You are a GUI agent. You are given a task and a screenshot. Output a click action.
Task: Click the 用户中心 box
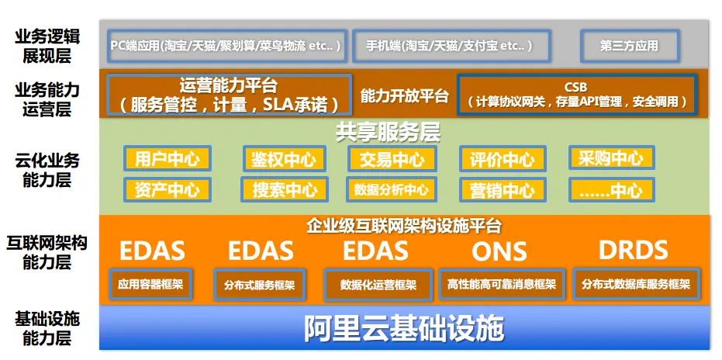pos(168,158)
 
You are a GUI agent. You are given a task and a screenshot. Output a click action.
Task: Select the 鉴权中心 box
pos(284,158)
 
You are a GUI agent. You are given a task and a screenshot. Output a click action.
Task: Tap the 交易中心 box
pos(392,158)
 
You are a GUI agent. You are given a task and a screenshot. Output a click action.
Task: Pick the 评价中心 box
pos(502,158)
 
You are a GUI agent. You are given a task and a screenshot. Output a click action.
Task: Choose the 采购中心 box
pos(611,157)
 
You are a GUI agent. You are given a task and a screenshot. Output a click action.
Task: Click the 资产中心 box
pos(168,189)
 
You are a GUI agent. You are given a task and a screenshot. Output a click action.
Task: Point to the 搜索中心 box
pos(284,189)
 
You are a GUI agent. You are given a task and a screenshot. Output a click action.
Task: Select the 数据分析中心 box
pos(392,189)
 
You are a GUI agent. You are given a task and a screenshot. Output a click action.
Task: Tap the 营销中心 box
pos(502,189)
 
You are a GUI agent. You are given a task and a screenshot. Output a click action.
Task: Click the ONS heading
pos(499,251)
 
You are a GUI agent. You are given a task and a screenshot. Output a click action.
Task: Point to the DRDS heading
pos(633,250)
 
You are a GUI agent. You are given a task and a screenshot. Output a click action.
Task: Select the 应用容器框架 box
pos(150,284)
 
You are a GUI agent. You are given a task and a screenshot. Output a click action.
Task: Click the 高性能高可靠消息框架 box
pos(501,284)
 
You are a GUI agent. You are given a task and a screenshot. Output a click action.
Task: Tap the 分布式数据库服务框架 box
pos(635,284)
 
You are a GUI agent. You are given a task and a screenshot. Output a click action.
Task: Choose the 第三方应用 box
pos(629,46)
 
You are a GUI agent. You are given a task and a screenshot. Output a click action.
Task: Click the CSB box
pos(576,95)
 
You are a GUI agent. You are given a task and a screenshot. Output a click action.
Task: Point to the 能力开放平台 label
pos(404,96)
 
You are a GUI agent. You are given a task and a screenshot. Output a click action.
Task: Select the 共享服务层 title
pos(388,133)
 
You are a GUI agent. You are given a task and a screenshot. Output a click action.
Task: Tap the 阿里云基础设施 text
pos(404,327)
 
